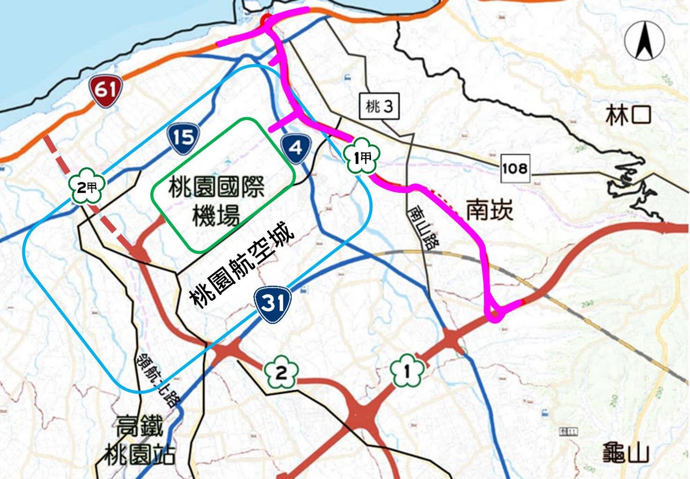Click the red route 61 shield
(x=106, y=90)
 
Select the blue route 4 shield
(x=296, y=148)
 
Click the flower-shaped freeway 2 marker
(x=281, y=373)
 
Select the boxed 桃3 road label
(x=379, y=107)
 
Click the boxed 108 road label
(x=514, y=167)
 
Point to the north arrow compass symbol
(x=644, y=41)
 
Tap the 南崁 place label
(x=490, y=210)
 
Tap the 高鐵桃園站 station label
(x=139, y=441)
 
